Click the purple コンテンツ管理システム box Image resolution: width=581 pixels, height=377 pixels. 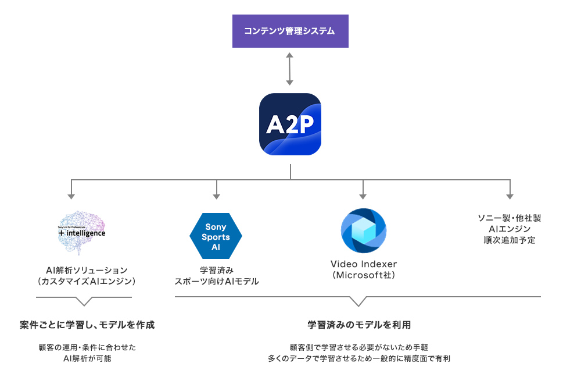[x=290, y=31]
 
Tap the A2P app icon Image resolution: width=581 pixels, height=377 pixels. [x=290, y=124]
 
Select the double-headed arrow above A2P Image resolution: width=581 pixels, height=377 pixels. [x=290, y=70]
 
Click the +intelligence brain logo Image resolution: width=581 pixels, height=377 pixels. [x=82, y=232]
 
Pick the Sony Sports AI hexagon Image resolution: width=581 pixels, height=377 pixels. [x=216, y=237]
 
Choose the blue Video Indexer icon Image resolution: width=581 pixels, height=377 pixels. [x=363, y=230]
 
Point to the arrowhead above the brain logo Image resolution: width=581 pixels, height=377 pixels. [x=71, y=196]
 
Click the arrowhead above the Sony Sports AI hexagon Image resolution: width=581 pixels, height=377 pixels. [x=216, y=196]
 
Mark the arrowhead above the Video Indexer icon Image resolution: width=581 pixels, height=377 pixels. [x=363, y=196]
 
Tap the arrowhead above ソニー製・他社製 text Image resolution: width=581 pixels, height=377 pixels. [x=510, y=196]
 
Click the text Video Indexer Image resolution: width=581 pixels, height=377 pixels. [x=363, y=264]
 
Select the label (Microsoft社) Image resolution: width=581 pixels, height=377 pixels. [x=363, y=275]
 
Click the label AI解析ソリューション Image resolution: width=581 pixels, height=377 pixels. [x=86, y=270]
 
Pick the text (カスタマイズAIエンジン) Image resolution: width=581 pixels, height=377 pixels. [x=86, y=282]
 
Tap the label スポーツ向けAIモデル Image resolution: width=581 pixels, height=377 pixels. [x=217, y=282]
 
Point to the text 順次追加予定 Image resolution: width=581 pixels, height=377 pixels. [x=510, y=240]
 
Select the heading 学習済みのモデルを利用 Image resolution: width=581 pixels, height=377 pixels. [x=359, y=325]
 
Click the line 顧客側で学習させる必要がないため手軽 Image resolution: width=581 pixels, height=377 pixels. [x=359, y=347]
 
